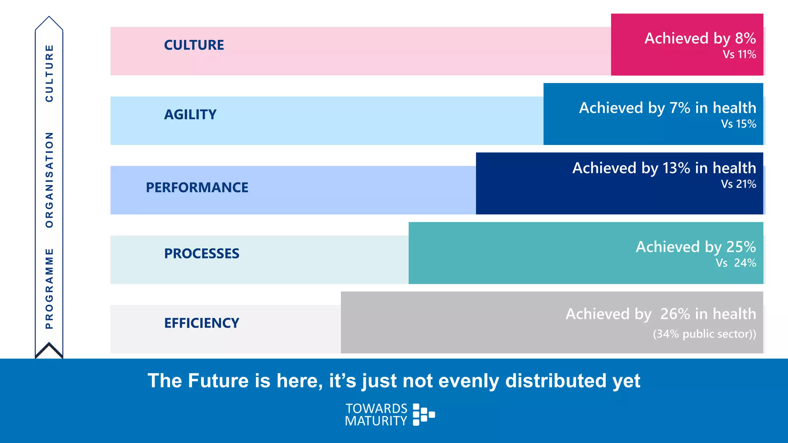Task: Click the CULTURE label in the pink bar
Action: pyautogui.click(x=194, y=45)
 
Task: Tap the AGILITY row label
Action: pyautogui.click(x=190, y=115)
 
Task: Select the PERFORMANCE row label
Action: pyautogui.click(x=197, y=188)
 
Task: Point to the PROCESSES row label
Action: pyautogui.click(x=202, y=254)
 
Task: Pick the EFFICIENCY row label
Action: pyautogui.click(x=202, y=323)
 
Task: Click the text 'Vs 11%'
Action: pyautogui.click(x=739, y=55)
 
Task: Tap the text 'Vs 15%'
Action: pyautogui.click(x=738, y=124)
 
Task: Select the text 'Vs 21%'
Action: pyautogui.click(x=738, y=184)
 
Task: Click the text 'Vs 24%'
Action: pyautogui.click(x=736, y=263)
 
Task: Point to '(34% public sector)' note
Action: pyautogui.click(x=704, y=334)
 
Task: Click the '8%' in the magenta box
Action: pyautogui.click(x=745, y=38)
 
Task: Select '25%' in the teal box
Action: pyautogui.click(x=741, y=247)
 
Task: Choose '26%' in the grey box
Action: pyautogui.click(x=675, y=314)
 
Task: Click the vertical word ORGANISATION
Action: pyautogui.click(x=49, y=180)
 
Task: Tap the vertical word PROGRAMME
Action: pyautogui.click(x=49, y=288)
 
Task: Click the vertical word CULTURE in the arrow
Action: pyautogui.click(x=49, y=73)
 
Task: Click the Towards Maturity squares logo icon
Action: pyautogui.click(x=423, y=415)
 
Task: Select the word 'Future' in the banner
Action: pyautogui.click(x=218, y=381)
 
